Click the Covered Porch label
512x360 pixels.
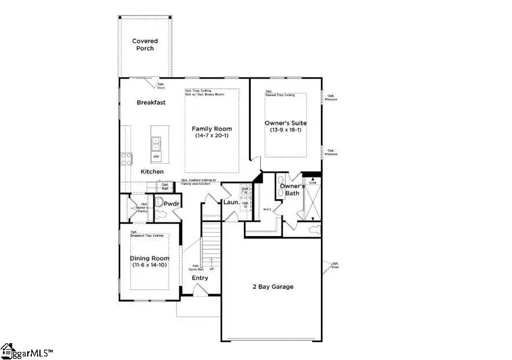(x=145, y=45)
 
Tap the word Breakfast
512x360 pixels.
(x=151, y=102)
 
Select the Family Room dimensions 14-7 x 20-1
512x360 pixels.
(x=212, y=136)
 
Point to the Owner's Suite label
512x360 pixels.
(x=286, y=123)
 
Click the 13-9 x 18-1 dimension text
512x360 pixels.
(x=286, y=130)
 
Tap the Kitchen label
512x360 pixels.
(x=152, y=172)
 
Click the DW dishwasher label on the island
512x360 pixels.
(x=156, y=157)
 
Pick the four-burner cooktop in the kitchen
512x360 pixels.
(x=126, y=159)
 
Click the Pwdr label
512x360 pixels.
(x=171, y=204)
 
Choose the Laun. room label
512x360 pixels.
(x=232, y=202)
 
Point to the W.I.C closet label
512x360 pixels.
(x=268, y=209)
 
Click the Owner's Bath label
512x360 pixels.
(x=292, y=190)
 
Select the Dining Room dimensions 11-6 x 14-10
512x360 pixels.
(x=149, y=266)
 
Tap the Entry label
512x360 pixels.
(x=200, y=278)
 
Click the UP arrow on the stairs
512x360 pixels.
(x=211, y=263)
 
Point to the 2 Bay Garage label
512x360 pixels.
(x=272, y=286)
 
